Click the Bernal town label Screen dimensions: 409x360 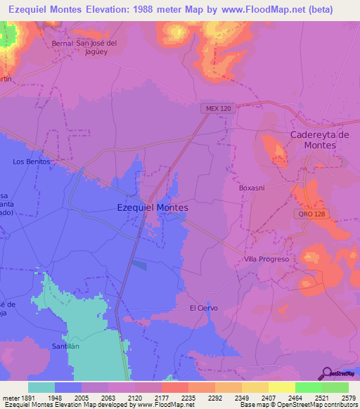click(x=63, y=43)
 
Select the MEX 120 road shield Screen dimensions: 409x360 click(x=219, y=108)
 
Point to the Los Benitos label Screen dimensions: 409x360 click(x=32, y=161)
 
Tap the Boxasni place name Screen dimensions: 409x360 click(x=251, y=188)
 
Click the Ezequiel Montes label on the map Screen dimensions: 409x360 click(x=153, y=208)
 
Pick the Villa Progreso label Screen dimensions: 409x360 click(x=266, y=259)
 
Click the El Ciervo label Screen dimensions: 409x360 click(x=203, y=308)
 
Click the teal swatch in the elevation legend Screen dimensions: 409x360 click(x=41, y=387)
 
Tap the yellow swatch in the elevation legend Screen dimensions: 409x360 click(x=281, y=387)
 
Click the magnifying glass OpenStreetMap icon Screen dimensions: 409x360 click(x=327, y=373)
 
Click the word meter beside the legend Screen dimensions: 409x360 click(x=11, y=397)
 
